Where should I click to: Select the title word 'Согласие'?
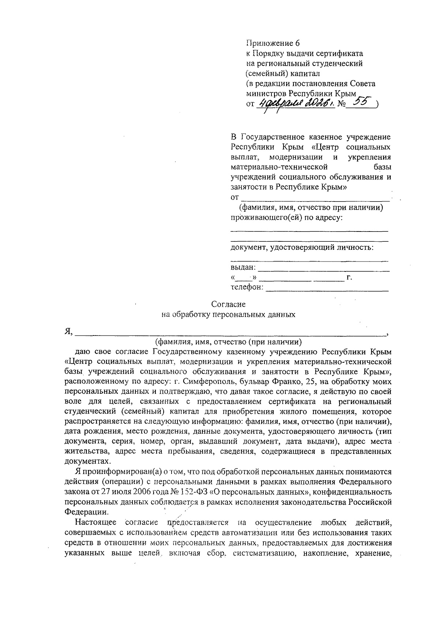pyautogui.click(x=228, y=304)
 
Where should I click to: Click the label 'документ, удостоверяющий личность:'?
pyautogui.click(x=302, y=248)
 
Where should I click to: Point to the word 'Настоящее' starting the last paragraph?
pyautogui.click(x=95, y=522)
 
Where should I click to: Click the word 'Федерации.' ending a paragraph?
pyautogui.click(x=86, y=512)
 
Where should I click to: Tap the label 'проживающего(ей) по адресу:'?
pyautogui.click(x=286, y=218)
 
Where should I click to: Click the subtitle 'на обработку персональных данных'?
pyautogui.click(x=228, y=315)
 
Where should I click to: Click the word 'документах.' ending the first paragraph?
pyautogui.click(x=87, y=461)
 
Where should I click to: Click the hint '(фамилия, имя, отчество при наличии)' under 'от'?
pyautogui.click(x=311, y=208)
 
